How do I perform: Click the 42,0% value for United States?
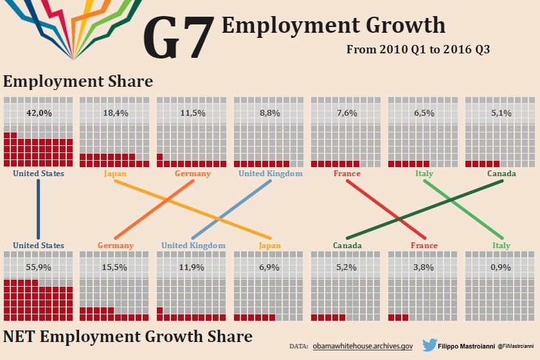(x=39, y=113)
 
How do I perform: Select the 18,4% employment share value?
(x=116, y=113)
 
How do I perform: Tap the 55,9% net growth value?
(x=39, y=267)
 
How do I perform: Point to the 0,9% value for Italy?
(x=501, y=267)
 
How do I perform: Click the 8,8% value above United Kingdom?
(x=270, y=113)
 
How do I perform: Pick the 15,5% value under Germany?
(x=116, y=267)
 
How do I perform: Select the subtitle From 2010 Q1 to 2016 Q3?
(x=419, y=50)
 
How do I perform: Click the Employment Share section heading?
(x=78, y=82)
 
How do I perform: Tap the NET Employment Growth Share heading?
(x=128, y=336)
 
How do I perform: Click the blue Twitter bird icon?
(x=430, y=345)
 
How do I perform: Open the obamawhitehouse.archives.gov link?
(x=363, y=346)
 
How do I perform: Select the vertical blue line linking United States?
(x=39, y=209)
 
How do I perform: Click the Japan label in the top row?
(x=116, y=174)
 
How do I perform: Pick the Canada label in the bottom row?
(x=346, y=246)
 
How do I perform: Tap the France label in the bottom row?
(x=424, y=246)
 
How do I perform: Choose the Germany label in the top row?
(x=193, y=174)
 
